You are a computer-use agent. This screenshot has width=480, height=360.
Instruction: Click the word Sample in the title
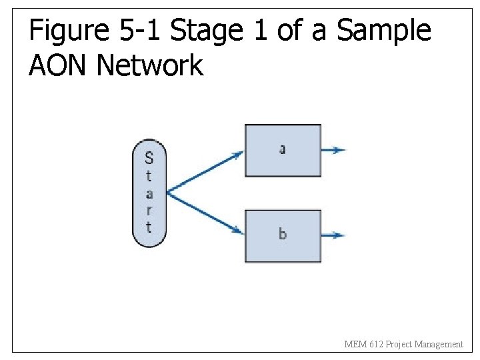coord(383,31)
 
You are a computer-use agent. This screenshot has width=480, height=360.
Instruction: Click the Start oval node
coord(149,193)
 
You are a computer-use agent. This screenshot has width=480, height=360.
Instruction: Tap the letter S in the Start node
coord(149,158)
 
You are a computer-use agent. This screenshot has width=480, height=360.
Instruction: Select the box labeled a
coord(283,151)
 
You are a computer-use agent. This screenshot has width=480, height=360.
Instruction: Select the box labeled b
coord(283,235)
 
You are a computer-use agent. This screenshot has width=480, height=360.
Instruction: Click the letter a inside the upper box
coord(283,149)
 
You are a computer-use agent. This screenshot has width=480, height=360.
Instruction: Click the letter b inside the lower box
coord(283,234)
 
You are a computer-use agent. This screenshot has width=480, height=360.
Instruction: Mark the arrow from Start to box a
coord(205,173)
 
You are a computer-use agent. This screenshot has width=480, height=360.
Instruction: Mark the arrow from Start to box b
coord(205,213)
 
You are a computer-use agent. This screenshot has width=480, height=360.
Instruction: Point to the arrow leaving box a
coord(333,150)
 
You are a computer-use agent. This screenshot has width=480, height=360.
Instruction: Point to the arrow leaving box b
coord(333,235)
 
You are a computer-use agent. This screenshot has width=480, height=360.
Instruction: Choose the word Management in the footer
coord(438,345)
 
